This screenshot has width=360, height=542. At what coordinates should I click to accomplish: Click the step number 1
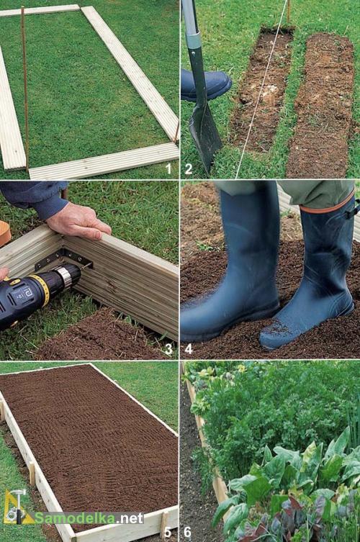168,169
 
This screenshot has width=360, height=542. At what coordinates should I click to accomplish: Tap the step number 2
189,169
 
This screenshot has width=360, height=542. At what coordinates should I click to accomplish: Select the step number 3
168,350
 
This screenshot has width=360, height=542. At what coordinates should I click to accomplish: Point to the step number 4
189,350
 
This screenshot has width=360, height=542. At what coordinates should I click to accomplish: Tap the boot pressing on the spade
206,85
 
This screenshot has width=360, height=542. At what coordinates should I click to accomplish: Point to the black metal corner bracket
64,258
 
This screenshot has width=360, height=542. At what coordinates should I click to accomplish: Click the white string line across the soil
262,89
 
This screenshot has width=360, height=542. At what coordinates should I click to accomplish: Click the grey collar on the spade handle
194,40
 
